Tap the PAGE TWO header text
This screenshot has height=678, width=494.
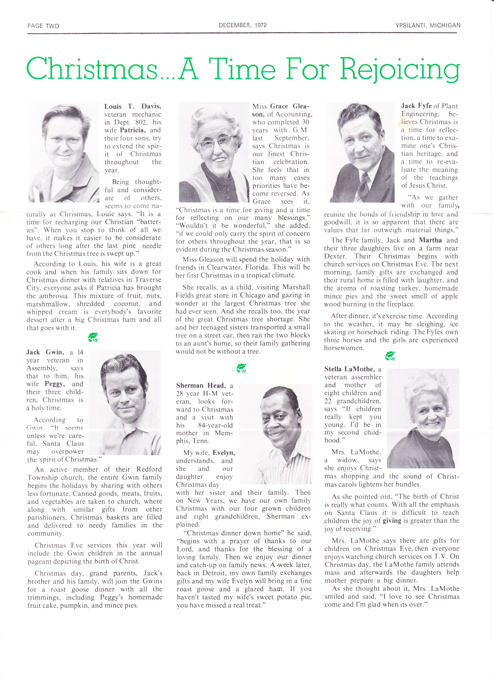point(43,26)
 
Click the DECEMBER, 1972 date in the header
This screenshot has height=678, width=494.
point(243,25)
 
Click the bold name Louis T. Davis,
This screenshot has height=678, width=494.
point(133,106)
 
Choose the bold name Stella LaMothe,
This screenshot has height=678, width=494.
point(349,369)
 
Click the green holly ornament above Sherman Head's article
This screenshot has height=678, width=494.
point(241,368)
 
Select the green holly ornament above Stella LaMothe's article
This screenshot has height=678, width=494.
point(390,356)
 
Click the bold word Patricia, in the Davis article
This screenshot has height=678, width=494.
point(132,130)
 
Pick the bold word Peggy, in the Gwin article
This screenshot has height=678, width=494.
point(55,384)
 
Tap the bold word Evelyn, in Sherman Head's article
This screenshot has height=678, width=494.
point(224,453)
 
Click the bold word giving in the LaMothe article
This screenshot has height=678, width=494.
point(392,520)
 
